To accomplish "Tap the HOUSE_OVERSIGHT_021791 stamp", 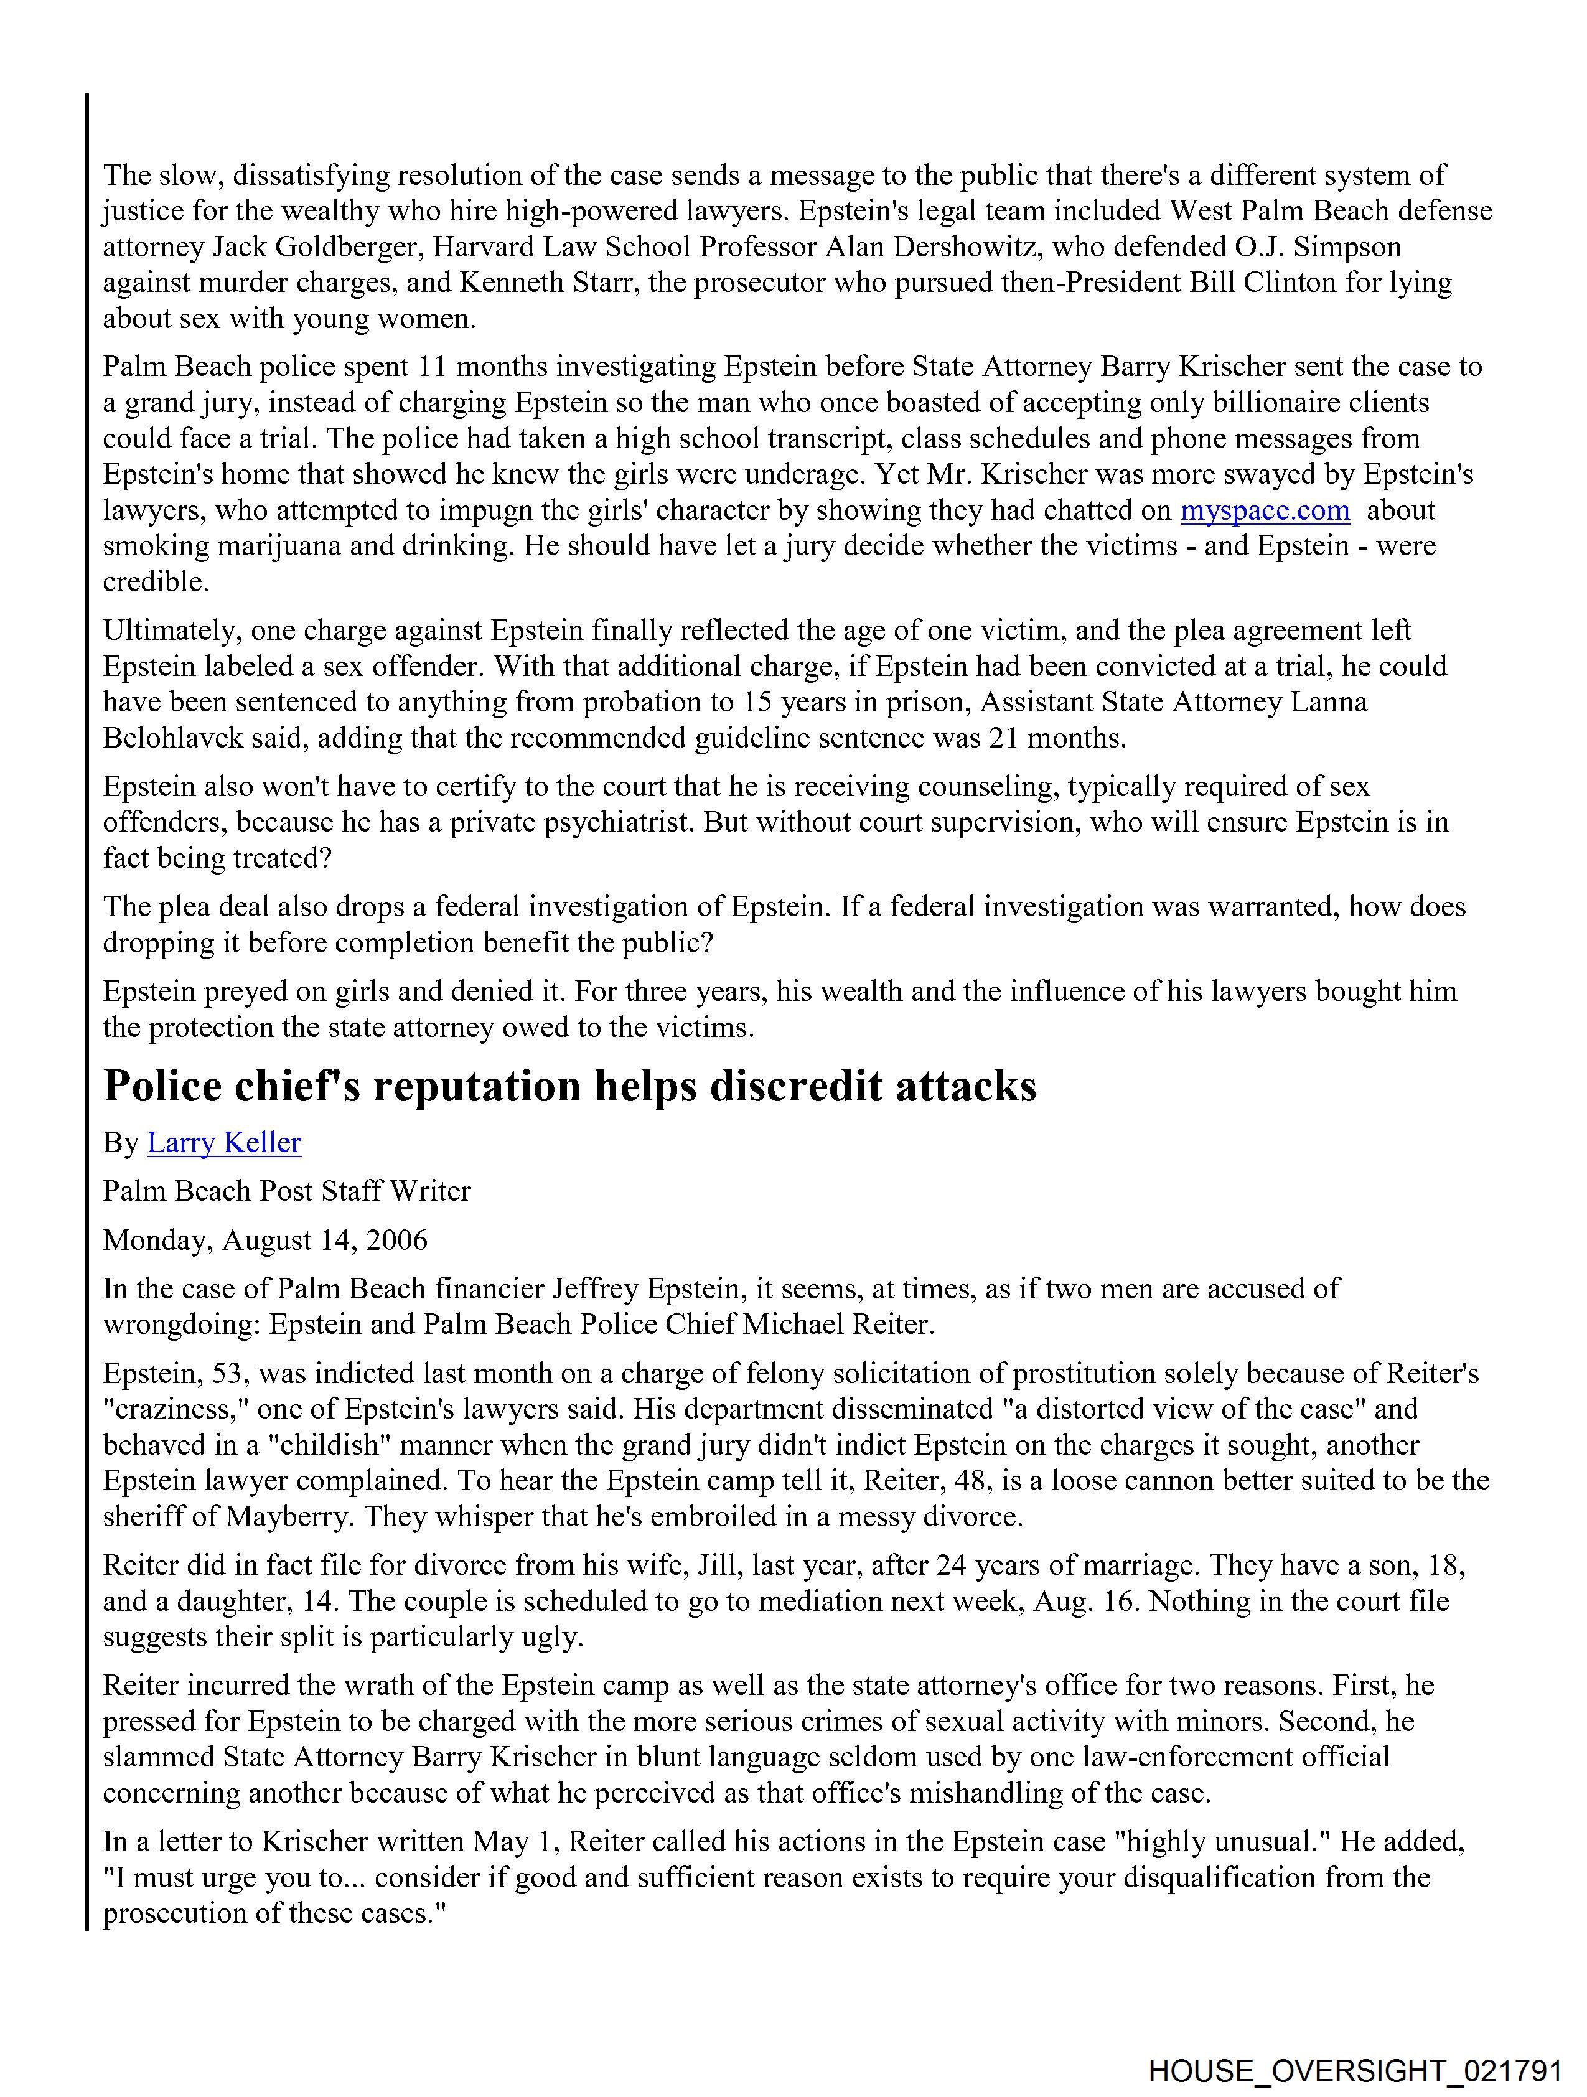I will (x=1355, y=2068).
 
